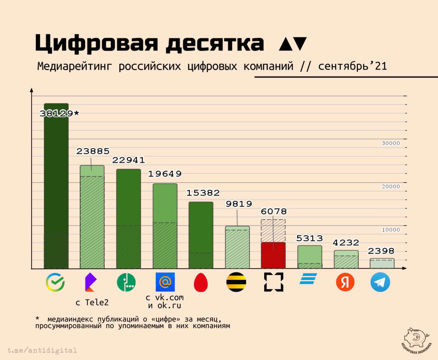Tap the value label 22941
point(129,160)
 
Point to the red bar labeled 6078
point(273,255)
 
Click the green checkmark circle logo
point(55,282)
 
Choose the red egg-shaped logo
point(201,283)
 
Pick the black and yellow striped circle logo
point(236,282)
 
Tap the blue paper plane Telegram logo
point(380,282)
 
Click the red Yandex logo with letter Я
point(345,282)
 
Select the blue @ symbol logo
point(165,282)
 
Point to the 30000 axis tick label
point(391,143)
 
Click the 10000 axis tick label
point(391,230)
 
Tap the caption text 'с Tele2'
point(92,302)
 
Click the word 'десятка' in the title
point(215,44)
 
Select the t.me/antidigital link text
point(42,350)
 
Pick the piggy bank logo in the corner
point(416,338)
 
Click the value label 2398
point(381,251)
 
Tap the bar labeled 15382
point(201,235)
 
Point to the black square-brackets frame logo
point(274,282)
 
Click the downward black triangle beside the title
point(300,44)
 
